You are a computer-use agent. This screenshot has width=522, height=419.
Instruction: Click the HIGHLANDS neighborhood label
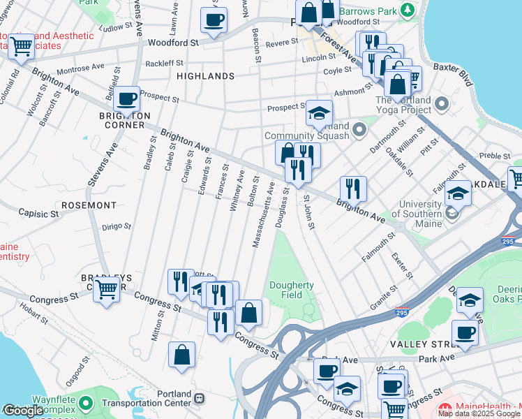pyautogui.click(x=205, y=75)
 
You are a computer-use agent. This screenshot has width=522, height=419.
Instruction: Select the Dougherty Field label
pyautogui.click(x=292, y=290)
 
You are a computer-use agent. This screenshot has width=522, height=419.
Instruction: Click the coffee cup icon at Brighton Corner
pyautogui.click(x=126, y=100)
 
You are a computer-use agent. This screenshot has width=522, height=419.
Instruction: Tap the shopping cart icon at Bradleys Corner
pyautogui.click(x=106, y=288)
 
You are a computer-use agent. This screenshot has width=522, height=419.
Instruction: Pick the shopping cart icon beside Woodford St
pyautogui.click(x=22, y=45)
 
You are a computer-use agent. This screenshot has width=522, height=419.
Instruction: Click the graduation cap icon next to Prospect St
pyautogui.click(x=319, y=113)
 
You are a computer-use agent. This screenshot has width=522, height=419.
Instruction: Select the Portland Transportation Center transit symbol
pyautogui.click(x=200, y=398)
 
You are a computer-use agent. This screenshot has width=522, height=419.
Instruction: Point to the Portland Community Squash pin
pyautogui.click(x=359, y=130)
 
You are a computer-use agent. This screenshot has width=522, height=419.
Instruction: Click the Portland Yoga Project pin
pyautogui.click(x=441, y=105)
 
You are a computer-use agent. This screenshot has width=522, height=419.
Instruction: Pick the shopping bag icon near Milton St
pyautogui.click(x=181, y=354)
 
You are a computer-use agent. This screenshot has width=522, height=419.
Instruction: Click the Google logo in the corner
pyautogui.click(x=24, y=411)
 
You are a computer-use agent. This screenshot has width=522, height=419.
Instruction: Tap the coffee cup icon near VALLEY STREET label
pyautogui.click(x=465, y=332)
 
